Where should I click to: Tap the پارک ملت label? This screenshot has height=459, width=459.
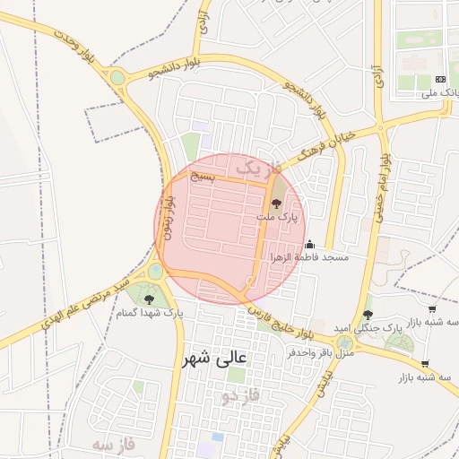[274, 218]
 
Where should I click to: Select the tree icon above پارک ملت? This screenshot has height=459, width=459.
[274, 204]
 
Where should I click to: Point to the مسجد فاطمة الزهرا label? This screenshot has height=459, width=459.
[309, 257]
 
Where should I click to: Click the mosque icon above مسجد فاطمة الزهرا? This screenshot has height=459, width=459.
[309, 243]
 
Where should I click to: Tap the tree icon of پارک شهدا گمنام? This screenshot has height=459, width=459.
[149, 299]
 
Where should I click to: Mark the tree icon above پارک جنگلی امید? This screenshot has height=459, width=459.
[368, 314]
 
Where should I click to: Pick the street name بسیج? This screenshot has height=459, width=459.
[204, 177]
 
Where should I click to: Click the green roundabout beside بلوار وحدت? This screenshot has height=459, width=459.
[117, 77]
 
